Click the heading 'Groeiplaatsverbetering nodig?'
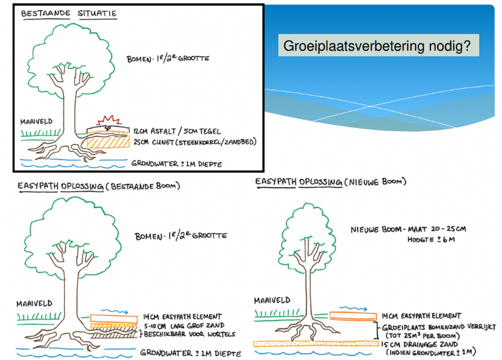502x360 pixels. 378,46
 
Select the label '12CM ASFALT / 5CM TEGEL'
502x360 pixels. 175,131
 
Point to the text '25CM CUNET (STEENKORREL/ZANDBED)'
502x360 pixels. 195,142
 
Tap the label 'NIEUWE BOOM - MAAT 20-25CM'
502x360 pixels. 408,229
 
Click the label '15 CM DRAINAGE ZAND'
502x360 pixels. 425,343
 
